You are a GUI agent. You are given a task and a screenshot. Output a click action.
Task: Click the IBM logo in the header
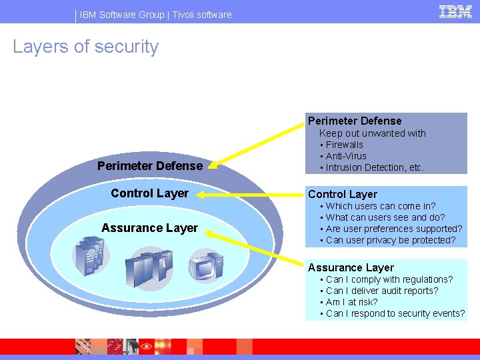coord(455,11)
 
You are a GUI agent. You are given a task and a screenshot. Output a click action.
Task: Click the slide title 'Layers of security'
coord(86,47)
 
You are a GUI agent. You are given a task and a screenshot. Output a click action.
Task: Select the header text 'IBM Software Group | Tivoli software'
coord(155,15)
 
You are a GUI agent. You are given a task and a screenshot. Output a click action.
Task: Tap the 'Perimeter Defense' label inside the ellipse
coord(150,165)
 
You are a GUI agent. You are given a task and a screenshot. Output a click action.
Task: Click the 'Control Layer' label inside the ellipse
coord(149,193)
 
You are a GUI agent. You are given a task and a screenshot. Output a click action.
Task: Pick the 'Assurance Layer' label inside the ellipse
coord(149,228)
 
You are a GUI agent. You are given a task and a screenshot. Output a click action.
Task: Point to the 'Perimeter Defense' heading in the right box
coord(355,121)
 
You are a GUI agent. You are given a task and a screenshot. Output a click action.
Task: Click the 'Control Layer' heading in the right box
coord(343,195)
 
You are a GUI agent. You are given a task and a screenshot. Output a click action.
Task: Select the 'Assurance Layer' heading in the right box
coord(351,268)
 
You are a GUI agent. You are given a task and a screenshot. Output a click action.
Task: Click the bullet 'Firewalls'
coord(344,145)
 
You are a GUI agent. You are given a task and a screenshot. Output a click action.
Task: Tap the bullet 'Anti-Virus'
coord(346,156)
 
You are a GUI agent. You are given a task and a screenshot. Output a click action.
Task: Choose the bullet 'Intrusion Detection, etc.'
coord(375,167)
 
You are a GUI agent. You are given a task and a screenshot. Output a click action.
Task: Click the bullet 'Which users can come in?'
coord(380,206)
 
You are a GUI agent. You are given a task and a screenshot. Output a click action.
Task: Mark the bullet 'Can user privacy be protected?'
coord(391,240)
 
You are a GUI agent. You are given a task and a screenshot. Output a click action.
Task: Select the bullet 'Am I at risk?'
coord(351,302)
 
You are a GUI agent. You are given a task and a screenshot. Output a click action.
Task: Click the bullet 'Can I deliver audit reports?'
coord(381,291)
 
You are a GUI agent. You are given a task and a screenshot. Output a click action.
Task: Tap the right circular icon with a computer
coord(205,267)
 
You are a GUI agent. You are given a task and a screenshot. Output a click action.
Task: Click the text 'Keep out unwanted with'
coord(372,133)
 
